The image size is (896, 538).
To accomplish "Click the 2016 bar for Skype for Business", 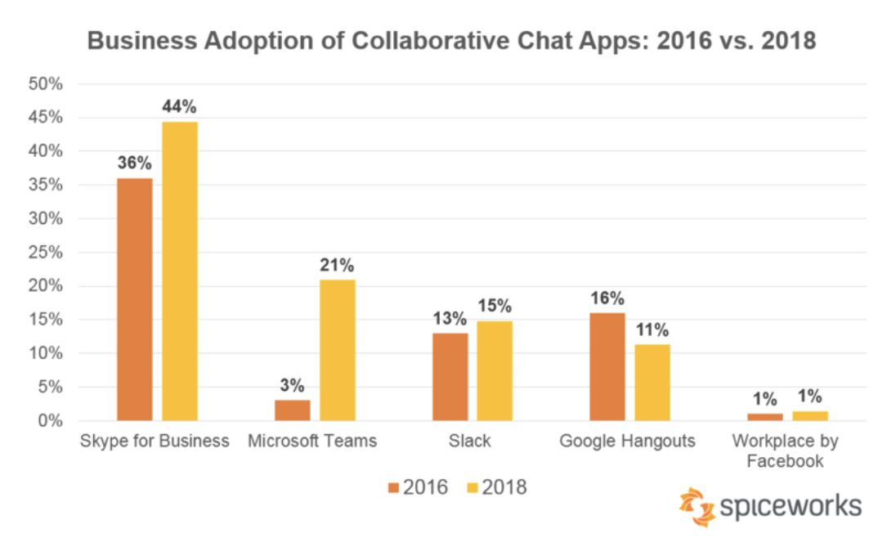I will pyautogui.click(x=134, y=299).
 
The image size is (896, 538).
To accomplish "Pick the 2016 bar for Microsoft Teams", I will pyautogui.click(x=292, y=410).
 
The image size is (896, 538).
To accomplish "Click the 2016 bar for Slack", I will pyautogui.click(x=450, y=377).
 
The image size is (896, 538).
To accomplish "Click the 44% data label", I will pyautogui.click(x=179, y=107).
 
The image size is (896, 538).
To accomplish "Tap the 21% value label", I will pyautogui.click(x=337, y=265).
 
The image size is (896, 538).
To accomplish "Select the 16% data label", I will pyautogui.click(x=607, y=298).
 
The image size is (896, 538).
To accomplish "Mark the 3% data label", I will pyautogui.click(x=292, y=386).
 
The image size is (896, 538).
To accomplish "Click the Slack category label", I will pyautogui.click(x=470, y=442).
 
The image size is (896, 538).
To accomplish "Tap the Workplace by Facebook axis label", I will pyautogui.click(x=785, y=451).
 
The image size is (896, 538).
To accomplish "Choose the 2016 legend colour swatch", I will pyautogui.click(x=393, y=488).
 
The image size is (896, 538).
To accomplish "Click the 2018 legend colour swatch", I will pyautogui.click(x=472, y=488).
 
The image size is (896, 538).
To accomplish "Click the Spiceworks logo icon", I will pyautogui.click(x=696, y=507).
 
